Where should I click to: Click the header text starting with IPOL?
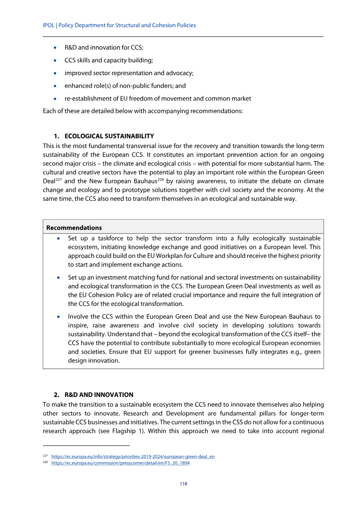pos(119,25)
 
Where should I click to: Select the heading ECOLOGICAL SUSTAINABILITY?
pos(109,136)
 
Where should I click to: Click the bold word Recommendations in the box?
pos(74,228)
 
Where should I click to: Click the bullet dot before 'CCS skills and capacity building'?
pos(55,60)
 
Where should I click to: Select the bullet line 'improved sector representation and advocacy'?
pos(129,73)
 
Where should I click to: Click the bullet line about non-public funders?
pos(125,86)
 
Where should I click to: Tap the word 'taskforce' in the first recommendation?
pos(107,238)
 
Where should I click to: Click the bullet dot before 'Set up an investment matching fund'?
pos(59,278)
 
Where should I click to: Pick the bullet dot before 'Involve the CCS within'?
pos(59,317)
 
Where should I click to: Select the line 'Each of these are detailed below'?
pos(143,111)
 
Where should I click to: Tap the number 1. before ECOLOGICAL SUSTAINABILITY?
pos(57,136)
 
